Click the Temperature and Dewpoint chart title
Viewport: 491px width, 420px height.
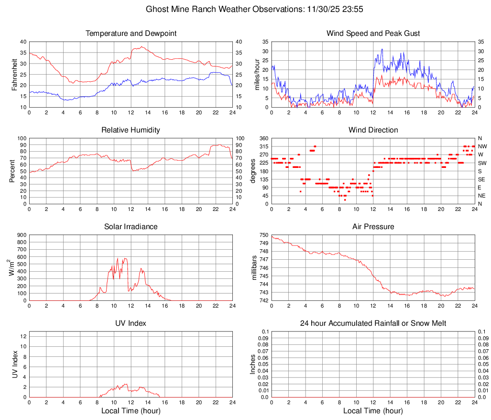pos(131,33)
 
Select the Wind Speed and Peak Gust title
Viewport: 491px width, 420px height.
pos(373,33)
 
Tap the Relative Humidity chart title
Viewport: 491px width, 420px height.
pos(131,130)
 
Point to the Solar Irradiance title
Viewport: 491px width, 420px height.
pos(131,227)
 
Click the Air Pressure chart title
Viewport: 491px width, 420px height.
pos(373,227)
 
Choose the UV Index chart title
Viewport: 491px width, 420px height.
pos(131,323)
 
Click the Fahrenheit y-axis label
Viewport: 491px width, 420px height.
pos(14,74)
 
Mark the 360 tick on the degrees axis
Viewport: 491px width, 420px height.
pos(263,138)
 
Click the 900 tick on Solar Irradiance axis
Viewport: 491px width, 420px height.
pos(22,235)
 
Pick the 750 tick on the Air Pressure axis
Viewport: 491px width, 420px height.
pos(263,235)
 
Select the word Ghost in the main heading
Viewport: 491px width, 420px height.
pos(157,9)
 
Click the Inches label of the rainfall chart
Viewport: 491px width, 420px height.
pos(253,364)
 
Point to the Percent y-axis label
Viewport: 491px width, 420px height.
pos(12,171)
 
